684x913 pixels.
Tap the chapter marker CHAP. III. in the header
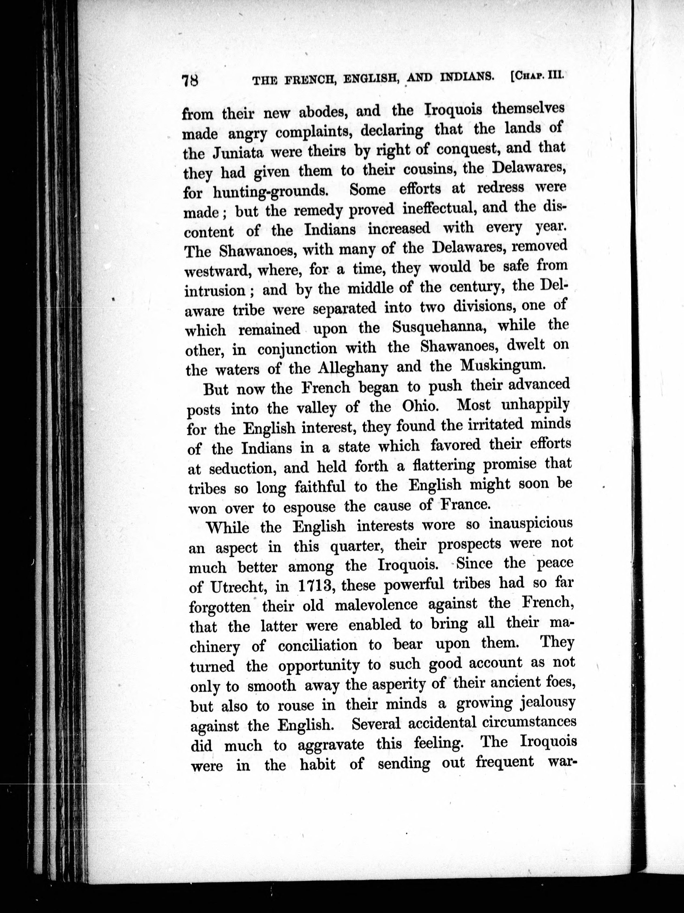[537, 76]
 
